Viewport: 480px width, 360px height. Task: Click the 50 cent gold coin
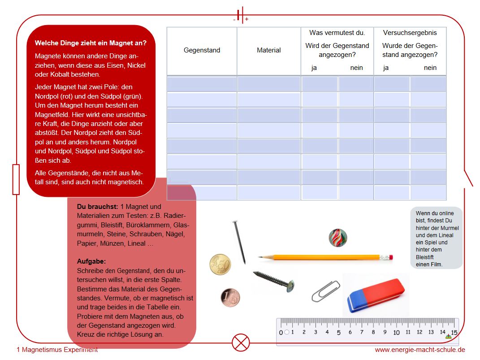220,264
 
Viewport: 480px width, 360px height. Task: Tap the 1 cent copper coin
230,298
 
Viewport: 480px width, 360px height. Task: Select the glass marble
337,238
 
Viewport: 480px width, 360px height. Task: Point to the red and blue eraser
376,294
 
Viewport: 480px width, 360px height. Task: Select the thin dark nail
239,242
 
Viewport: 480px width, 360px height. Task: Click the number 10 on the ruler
396,333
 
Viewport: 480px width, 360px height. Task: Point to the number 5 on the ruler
338,333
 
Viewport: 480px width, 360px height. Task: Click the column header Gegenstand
202,50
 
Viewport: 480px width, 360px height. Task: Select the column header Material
268,50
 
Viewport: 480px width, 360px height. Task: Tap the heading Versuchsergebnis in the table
410,33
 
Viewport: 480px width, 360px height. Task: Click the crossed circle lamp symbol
241,343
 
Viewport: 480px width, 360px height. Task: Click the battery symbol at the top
241,15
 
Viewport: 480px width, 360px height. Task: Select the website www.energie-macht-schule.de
420,350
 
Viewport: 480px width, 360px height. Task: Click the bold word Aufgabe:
91,261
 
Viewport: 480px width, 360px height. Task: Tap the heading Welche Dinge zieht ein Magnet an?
91,43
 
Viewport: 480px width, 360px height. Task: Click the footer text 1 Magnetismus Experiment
57,350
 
